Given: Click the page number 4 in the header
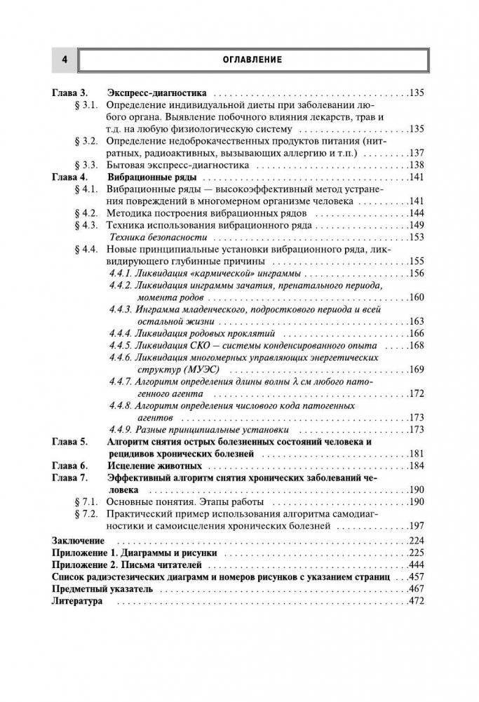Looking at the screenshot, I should click(x=64, y=60).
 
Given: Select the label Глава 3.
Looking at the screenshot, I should click(x=70, y=93).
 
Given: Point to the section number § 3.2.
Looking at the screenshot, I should click(x=85, y=140).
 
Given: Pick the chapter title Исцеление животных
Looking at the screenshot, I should click(x=151, y=466).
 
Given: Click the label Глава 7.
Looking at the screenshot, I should click(x=70, y=478).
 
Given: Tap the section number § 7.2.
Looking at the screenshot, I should click(x=85, y=514).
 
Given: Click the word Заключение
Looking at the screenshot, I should click(x=78, y=541).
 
